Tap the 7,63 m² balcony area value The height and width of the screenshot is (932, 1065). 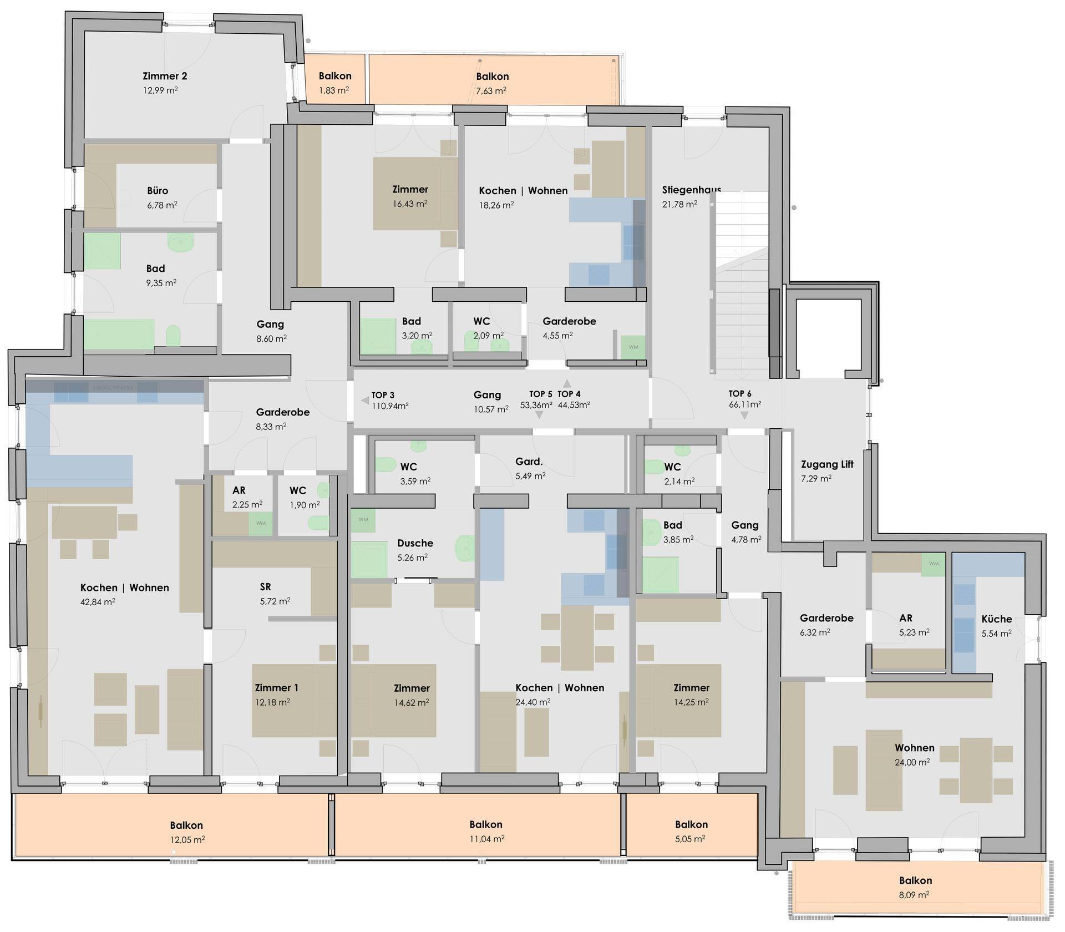click(491, 90)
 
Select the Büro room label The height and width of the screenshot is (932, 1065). click(158, 191)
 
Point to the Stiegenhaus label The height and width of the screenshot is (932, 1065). click(691, 190)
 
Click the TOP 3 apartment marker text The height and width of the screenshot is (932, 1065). click(383, 395)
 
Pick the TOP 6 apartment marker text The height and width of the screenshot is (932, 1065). click(740, 394)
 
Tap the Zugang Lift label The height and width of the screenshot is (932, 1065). click(827, 464)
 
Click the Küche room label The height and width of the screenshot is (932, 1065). click(996, 619)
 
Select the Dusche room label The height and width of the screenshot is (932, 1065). click(415, 543)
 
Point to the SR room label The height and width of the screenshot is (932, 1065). click(265, 586)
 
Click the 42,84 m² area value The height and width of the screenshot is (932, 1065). click(98, 601)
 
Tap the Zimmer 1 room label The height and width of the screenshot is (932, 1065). click(276, 688)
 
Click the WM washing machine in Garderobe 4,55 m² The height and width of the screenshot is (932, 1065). click(633, 347)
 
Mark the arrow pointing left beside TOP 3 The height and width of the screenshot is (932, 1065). click(364, 400)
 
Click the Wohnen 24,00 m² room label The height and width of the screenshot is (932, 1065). click(914, 748)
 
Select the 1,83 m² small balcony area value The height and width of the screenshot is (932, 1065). click(334, 90)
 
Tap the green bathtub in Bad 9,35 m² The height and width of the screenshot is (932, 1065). click(119, 334)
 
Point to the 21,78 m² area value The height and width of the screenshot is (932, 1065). click(679, 204)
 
